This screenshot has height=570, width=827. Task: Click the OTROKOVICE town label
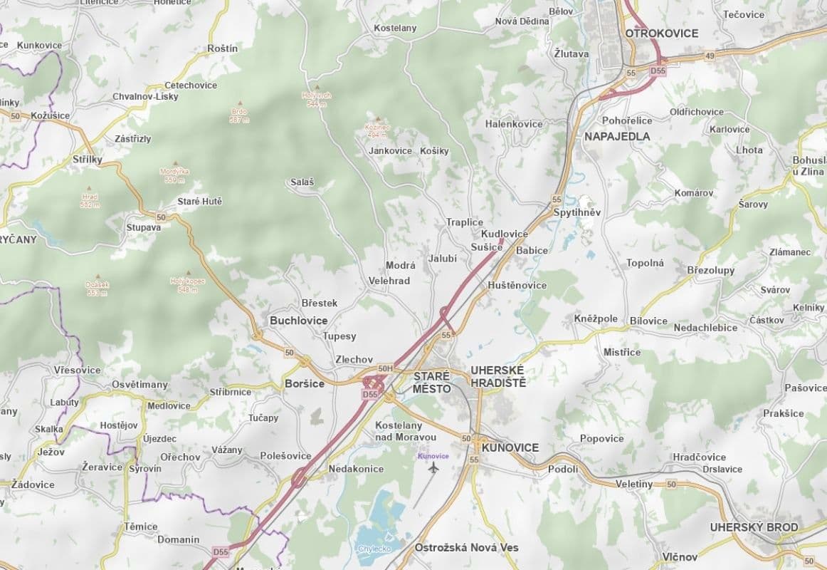(x=661, y=33)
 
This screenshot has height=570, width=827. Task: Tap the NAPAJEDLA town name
(x=616, y=136)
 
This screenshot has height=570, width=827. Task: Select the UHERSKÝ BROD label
(x=754, y=527)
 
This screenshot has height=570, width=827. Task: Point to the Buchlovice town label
(x=298, y=321)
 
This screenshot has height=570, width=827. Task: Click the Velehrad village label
(x=389, y=281)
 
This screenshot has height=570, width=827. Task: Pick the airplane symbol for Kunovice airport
(x=433, y=467)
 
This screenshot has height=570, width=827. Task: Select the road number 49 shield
(x=710, y=56)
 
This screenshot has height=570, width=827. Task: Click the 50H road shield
(x=385, y=368)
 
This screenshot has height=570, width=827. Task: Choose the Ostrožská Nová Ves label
(x=466, y=547)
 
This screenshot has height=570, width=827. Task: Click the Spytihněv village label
(x=576, y=212)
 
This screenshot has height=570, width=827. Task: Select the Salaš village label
(x=302, y=182)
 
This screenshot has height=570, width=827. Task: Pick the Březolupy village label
(x=710, y=270)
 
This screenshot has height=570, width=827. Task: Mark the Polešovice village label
(x=285, y=455)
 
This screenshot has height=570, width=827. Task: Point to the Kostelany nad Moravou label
(x=405, y=430)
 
